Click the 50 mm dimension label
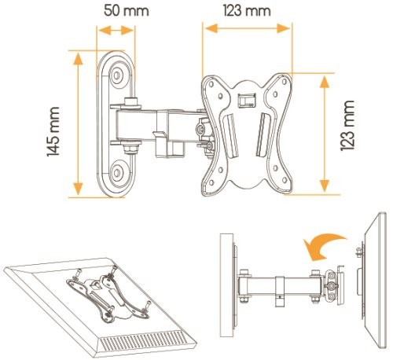click(x=127, y=11)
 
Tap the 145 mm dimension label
click(x=53, y=131)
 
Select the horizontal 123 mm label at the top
click(x=247, y=11)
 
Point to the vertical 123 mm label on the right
click(x=347, y=126)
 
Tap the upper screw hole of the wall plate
click(x=116, y=75)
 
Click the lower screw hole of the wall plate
click(x=116, y=172)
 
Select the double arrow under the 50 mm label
click(x=116, y=30)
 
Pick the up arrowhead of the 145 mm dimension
click(x=78, y=58)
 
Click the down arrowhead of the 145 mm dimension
click(x=78, y=189)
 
